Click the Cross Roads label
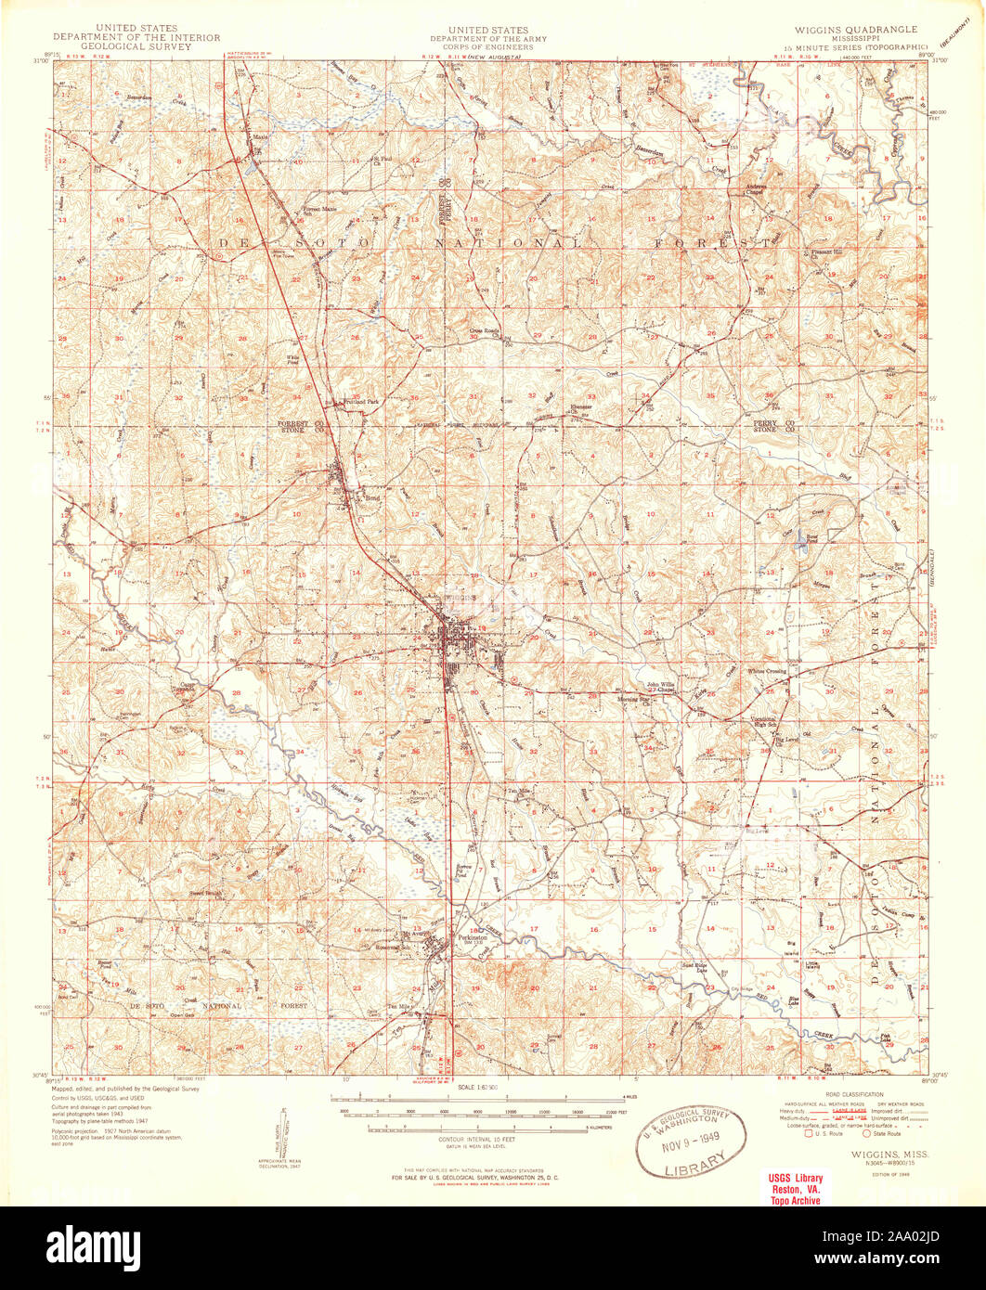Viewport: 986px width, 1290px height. tap(485, 329)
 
